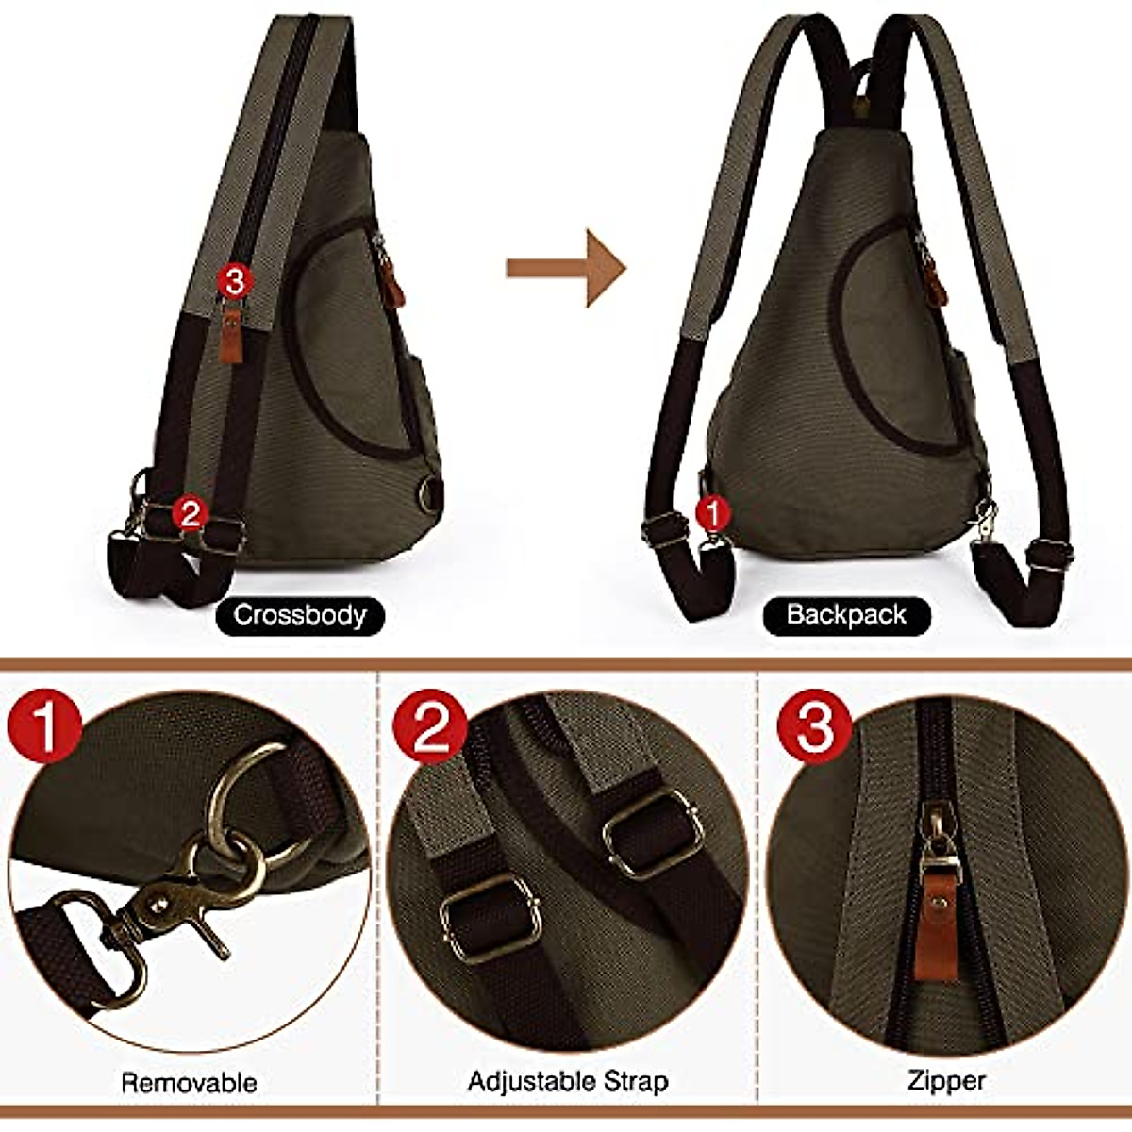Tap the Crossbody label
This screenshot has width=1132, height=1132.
(299, 616)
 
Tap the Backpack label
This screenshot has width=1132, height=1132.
(846, 616)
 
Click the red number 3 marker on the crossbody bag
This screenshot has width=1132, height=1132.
(233, 280)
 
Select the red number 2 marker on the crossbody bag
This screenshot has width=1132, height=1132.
(190, 514)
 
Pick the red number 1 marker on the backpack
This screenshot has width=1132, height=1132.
(713, 514)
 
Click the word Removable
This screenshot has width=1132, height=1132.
(189, 1082)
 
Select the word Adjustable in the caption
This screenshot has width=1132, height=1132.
(528, 1081)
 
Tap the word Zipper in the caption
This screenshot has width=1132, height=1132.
(947, 1081)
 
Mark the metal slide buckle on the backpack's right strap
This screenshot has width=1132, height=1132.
(1045, 555)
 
